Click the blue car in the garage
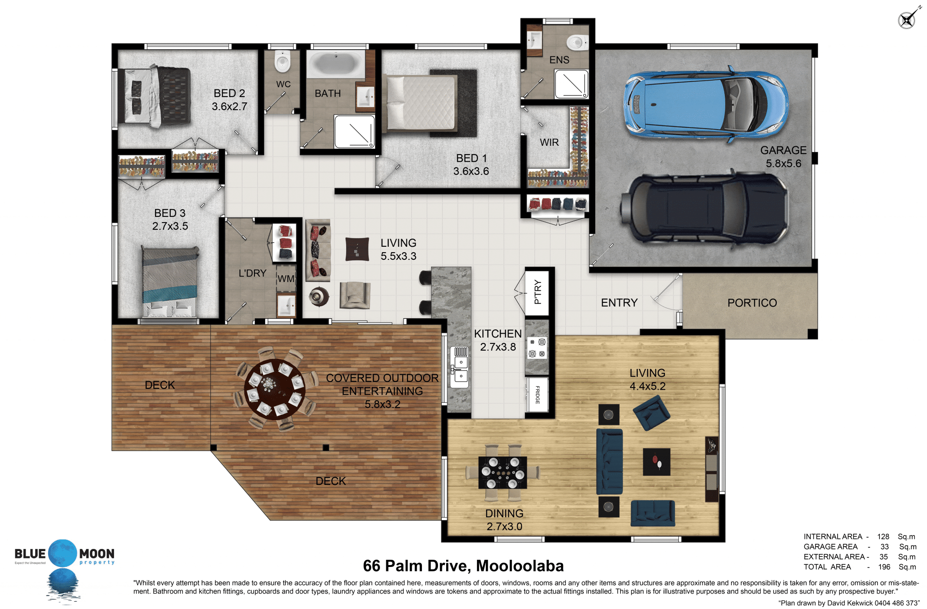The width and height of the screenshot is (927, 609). pyautogui.click(x=706, y=104)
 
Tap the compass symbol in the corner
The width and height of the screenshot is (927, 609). pyautogui.click(x=908, y=19)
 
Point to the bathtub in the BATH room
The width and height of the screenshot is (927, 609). pyautogui.click(x=337, y=64)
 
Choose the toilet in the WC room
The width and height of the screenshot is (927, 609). pyautogui.click(x=282, y=61)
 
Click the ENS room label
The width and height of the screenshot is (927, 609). pyautogui.click(x=559, y=60)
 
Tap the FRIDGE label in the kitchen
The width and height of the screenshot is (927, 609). pyautogui.click(x=537, y=395)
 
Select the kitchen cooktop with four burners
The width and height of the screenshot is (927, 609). pyautogui.click(x=537, y=347)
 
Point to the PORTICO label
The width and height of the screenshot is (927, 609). pyautogui.click(x=752, y=303)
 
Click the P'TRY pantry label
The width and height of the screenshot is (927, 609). pyautogui.click(x=538, y=292)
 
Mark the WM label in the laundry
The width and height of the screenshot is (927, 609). pyautogui.click(x=286, y=279)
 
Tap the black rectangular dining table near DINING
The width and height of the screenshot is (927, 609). pyautogui.click(x=502, y=472)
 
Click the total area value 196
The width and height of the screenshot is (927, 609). pyautogui.click(x=884, y=567)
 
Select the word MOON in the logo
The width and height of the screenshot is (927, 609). pyautogui.click(x=97, y=553)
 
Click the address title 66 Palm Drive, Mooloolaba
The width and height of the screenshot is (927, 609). pyautogui.click(x=463, y=566)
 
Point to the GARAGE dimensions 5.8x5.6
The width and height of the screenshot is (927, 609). pyautogui.click(x=783, y=163)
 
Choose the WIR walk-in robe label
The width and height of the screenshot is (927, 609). pyautogui.click(x=549, y=142)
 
